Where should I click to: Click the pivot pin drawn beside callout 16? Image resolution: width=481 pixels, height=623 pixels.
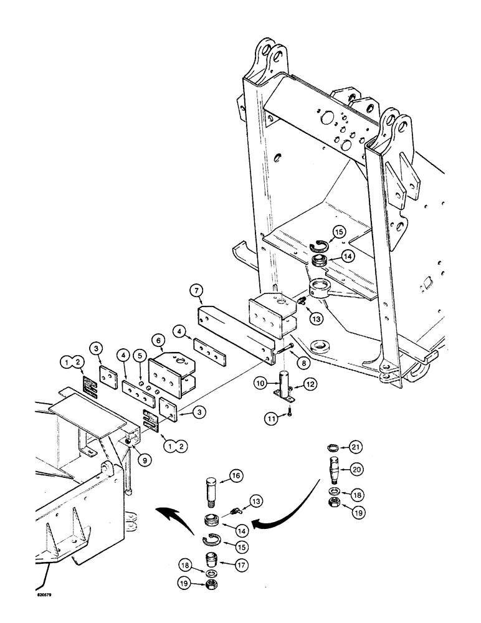tap(209, 488)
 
